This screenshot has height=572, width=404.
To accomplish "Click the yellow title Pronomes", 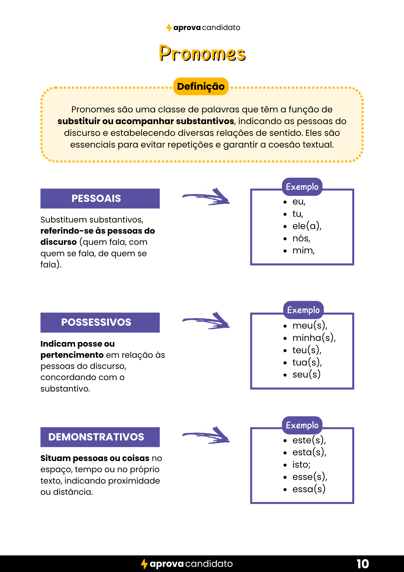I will [x=202, y=53].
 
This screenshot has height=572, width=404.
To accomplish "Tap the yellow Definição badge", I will [x=201, y=86].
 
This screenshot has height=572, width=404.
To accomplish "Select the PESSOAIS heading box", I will [x=100, y=198].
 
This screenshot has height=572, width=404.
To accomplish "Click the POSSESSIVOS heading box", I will [x=100, y=322].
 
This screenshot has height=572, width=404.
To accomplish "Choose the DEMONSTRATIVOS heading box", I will [x=100, y=437].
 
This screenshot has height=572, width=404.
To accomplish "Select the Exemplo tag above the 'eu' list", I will [x=302, y=187].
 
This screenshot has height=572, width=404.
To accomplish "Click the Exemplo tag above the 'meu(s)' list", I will [x=303, y=310].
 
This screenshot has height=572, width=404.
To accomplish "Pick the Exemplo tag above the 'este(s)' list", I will [x=302, y=425].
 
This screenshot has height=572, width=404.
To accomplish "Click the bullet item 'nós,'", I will [x=301, y=238].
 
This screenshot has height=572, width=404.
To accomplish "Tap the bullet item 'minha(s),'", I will [x=314, y=338].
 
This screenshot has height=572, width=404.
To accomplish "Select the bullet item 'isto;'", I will [x=301, y=464].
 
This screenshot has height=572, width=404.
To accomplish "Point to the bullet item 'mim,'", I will [x=303, y=251].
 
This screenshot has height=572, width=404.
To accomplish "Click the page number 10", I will [x=363, y=564].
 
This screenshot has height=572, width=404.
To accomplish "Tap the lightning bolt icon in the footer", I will [x=144, y=564].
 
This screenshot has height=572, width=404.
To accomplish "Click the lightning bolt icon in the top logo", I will [x=169, y=28].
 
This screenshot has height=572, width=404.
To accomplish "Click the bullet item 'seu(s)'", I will [x=306, y=374].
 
